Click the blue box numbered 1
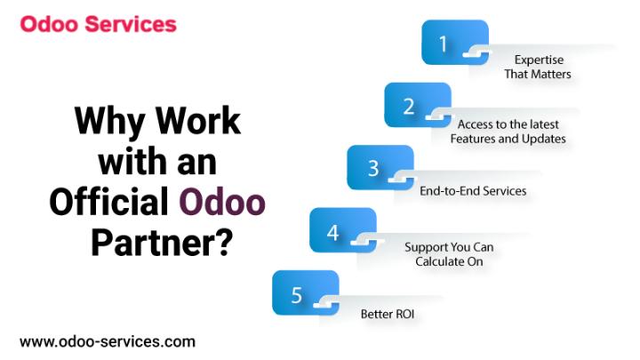[x=455, y=43]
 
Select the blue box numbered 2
[x=418, y=105]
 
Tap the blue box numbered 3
[x=380, y=167]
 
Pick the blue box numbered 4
[x=343, y=230]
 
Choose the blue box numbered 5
[x=306, y=292]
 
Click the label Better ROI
[x=388, y=314]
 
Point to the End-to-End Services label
[x=473, y=190]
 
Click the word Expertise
[x=539, y=60]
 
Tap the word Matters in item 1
[x=552, y=74]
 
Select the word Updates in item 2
[x=544, y=140]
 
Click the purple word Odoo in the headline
[x=222, y=201]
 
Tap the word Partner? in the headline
[x=162, y=243]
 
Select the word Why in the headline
[x=110, y=121]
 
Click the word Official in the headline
[x=109, y=201]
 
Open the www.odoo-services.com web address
[x=108, y=341]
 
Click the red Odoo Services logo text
[x=99, y=24]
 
